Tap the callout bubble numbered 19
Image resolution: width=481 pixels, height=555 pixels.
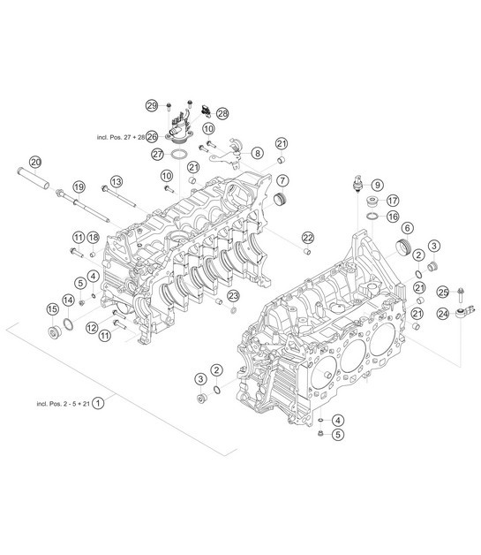point(79,186)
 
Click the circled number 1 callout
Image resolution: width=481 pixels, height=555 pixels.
point(100,403)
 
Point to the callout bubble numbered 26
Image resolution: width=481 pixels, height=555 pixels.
point(152,137)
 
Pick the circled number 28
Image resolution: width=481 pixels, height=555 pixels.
point(222,113)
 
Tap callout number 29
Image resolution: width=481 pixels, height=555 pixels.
point(152,106)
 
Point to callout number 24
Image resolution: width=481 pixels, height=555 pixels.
point(443,312)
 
